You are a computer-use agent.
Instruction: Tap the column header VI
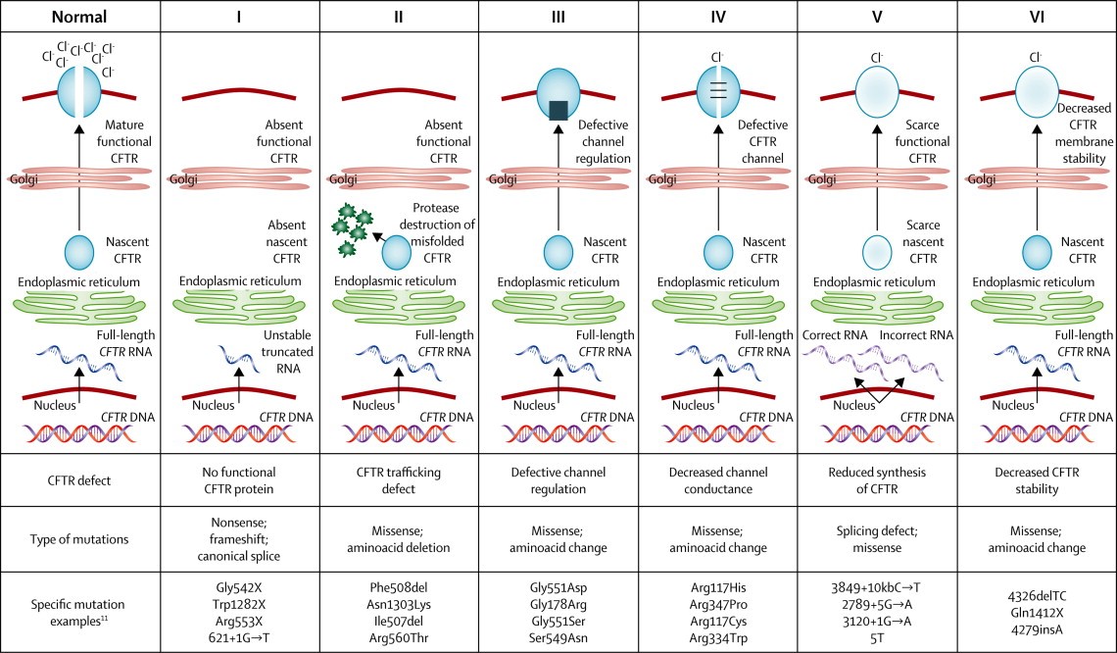[x=1036, y=17]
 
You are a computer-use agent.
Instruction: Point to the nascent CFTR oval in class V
[x=876, y=250]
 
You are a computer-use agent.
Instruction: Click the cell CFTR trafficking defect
[x=398, y=479]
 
